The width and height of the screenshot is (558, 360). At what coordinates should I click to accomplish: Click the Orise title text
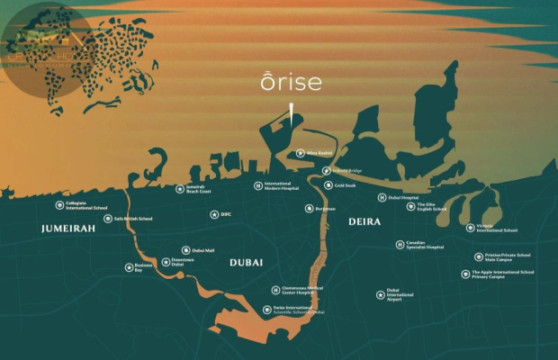coord(291,83)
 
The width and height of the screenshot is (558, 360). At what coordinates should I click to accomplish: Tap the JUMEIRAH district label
coord(68,230)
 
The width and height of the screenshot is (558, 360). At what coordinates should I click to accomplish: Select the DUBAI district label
coord(246,261)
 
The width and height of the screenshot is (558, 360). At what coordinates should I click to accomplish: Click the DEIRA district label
coord(364,221)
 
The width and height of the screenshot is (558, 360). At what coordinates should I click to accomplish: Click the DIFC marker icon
coord(214,214)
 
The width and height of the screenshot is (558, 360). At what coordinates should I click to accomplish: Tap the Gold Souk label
coord(346,185)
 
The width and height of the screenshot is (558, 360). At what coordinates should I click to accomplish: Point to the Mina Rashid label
coord(320,154)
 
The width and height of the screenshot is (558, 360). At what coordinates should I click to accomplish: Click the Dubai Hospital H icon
coord(382,197)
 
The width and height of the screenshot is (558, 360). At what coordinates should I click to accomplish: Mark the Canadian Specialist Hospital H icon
coord(400,244)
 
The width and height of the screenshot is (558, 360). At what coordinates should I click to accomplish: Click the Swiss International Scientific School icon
coord(267,310)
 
